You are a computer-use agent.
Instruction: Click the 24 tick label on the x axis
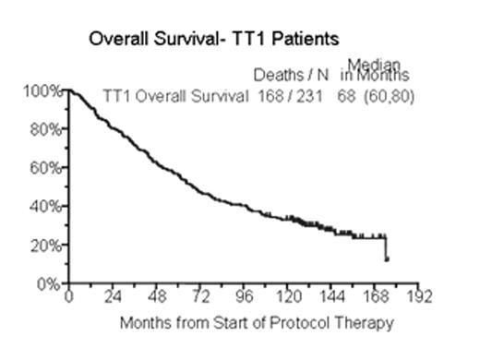(x=113, y=298)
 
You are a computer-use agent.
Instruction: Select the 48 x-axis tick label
(x=157, y=298)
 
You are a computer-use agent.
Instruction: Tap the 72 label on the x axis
(x=201, y=298)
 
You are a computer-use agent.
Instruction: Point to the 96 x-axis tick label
(x=246, y=298)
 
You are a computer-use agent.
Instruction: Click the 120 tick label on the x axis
(x=290, y=298)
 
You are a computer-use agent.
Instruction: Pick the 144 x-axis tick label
(x=334, y=298)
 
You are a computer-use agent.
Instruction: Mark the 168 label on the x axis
(x=378, y=298)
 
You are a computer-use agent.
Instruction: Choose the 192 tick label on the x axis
(x=422, y=298)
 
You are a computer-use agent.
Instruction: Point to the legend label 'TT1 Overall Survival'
(x=174, y=94)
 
